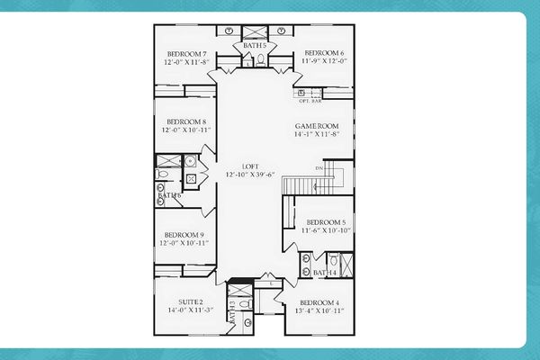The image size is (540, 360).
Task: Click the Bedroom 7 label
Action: click(186, 54)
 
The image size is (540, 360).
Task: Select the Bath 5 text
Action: click(255, 45)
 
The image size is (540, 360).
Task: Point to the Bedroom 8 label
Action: click(186, 122)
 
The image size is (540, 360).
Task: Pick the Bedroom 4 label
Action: click(319, 302)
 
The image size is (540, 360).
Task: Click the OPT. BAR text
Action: click(310, 101)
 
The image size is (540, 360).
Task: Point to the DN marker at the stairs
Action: click(319, 167)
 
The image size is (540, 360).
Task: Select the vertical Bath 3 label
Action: click(232, 310)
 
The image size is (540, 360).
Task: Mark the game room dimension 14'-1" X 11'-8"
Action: click(316, 135)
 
